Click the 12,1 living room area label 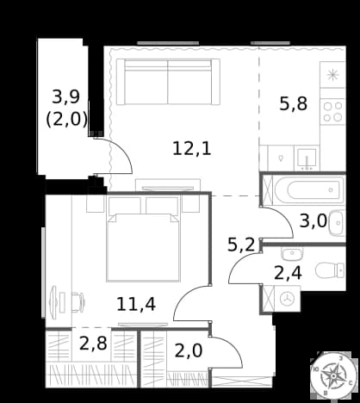(192, 149)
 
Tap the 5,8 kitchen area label (294, 104)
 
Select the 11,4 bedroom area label (136, 305)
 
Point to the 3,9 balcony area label (66, 96)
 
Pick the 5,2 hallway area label (241, 245)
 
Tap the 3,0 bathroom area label (313, 221)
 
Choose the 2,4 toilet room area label (288, 273)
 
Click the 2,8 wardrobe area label (93, 344)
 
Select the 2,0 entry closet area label (189, 350)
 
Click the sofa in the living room (168, 82)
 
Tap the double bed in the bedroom (143, 247)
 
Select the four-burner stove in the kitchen (332, 112)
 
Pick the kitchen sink (307, 158)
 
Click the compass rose (333, 375)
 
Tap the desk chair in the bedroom (78, 302)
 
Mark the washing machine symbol (287, 299)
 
